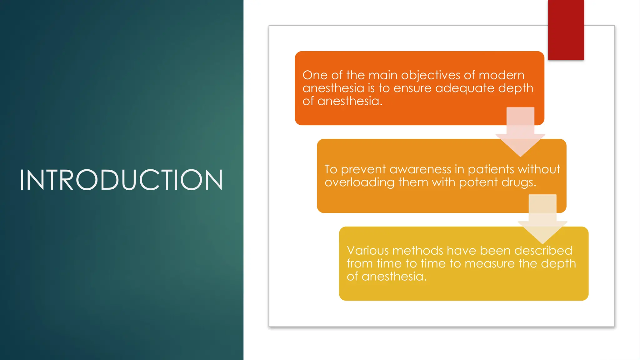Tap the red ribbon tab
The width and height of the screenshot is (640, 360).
pos(566,30)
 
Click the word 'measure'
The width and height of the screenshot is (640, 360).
pos(489,264)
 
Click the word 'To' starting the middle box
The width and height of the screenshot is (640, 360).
pos(331,169)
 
